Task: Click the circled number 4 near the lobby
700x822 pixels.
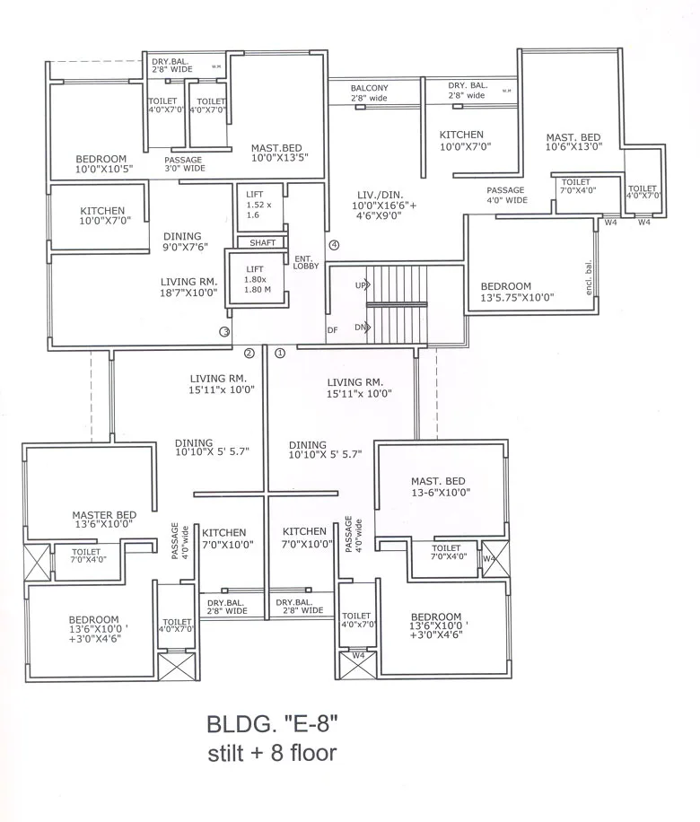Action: [334, 245]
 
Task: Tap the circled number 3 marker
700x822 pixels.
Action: [224, 331]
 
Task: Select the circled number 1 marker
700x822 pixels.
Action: [279, 353]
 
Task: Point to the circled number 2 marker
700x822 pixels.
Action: [249, 353]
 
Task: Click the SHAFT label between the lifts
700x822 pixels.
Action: [262, 242]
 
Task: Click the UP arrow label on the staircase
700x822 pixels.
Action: [362, 285]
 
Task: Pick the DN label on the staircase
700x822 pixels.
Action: [361, 328]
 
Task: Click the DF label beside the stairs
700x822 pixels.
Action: [333, 330]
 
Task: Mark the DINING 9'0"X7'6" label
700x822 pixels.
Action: [186, 242]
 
